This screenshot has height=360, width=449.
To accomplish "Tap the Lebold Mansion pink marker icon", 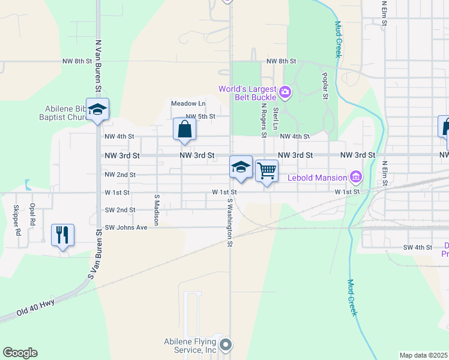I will (x=357, y=177).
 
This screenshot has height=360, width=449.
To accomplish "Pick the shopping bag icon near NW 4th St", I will (x=184, y=128).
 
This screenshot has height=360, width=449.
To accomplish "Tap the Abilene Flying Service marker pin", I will (x=226, y=344).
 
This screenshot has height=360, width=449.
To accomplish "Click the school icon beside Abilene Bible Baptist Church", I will (x=97, y=109).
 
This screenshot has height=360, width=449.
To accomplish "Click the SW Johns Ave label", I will (x=126, y=227).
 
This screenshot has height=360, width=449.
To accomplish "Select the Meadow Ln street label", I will (x=188, y=103).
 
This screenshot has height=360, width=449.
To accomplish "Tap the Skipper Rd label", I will (x=18, y=220).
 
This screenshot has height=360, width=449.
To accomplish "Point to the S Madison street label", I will (x=155, y=209).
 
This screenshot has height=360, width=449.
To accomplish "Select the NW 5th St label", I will (x=200, y=116).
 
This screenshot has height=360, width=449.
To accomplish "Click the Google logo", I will (x=20, y=353).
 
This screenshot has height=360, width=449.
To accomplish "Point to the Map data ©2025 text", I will (x=423, y=355).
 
